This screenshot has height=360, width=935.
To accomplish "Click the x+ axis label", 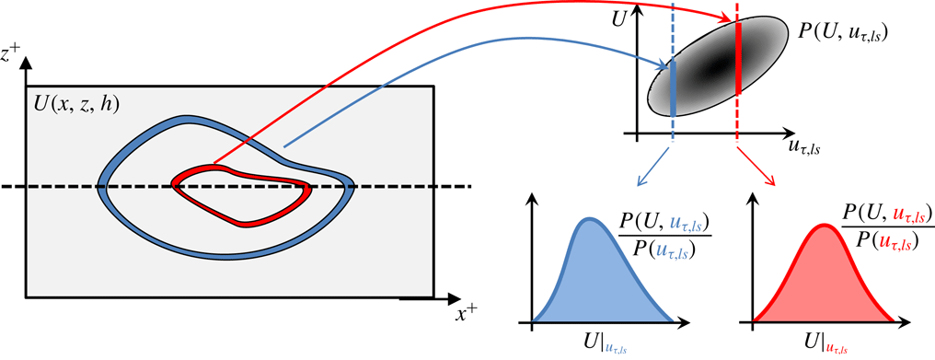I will pyautogui.click(x=467, y=312).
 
